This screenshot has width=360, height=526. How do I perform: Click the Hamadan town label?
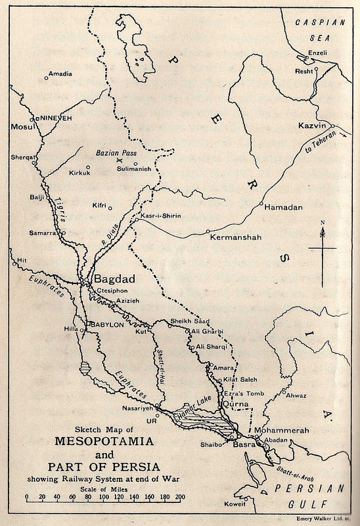[x=284, y=207]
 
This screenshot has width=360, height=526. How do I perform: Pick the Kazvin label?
[x=313, y=125]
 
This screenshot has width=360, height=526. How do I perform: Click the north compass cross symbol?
[x=322, y=248]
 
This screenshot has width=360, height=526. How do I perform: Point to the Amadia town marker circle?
[x=47, y=78]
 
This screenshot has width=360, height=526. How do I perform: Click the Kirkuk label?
[x=79, y=174]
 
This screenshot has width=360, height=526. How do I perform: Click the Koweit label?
[x=233, y=504]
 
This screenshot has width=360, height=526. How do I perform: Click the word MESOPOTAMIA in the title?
[x=104, y=440]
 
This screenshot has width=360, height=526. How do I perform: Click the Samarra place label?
[x=42, y=233]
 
